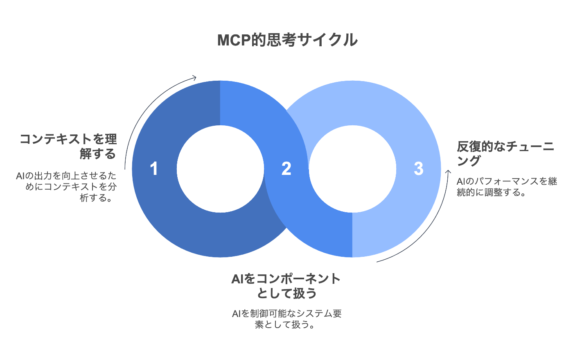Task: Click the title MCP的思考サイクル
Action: coord(287,40)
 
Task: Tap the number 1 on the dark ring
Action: coord(154,169)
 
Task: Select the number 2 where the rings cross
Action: coord(286,169)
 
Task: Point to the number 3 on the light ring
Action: coord(418,169)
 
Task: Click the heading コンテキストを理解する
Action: coord(68,147)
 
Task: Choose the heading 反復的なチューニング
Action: coord(505,153)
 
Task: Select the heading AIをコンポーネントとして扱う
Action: coord(286,286)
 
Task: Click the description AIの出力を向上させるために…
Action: coord(66,187)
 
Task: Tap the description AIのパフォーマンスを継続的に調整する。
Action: coord(507,187)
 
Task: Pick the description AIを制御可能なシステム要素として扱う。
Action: coord(286,319)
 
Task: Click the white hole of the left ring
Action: coord(220,169)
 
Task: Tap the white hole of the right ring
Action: coord(352,169)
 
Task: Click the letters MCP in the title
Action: coord(234,40)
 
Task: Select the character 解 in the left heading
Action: coord(86,154)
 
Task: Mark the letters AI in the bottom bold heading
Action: coord(237,279)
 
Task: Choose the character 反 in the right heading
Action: coord(463,147)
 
